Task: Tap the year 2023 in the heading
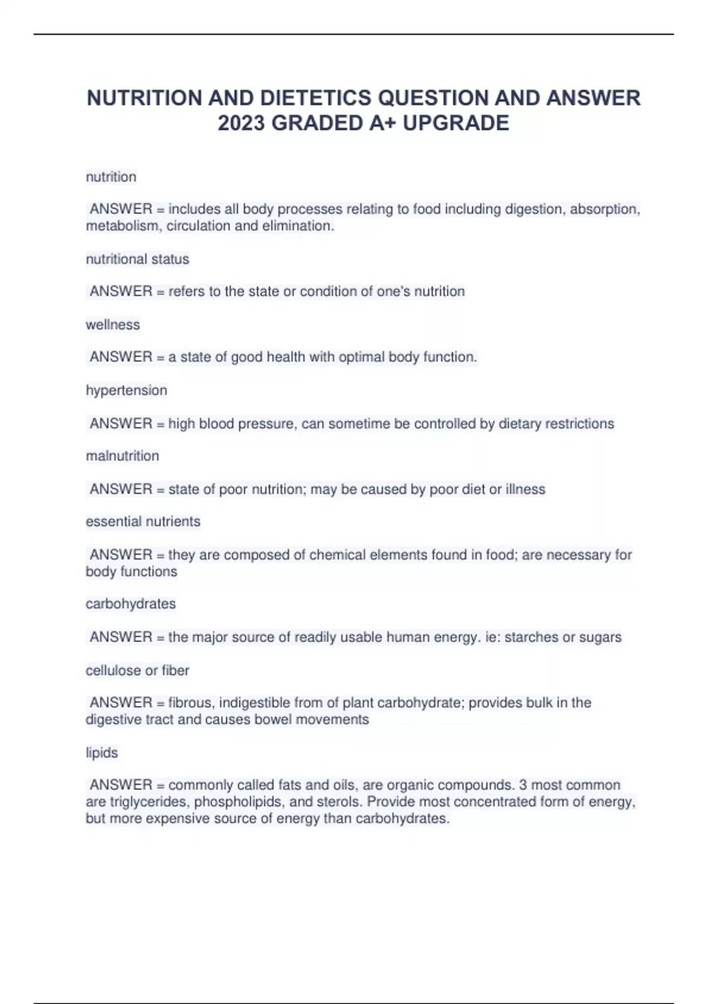pyautogui.click(x=240, y=123)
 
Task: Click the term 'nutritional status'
pyautogui.click(x=137, y=259)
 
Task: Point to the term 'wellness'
pyautogui.click(x=113, y=325)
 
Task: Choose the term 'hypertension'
pyautogui.click(x=126, y=390)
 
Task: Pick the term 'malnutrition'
pyautogui.click(x=122, y=456)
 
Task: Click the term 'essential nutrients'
pyautogui.click(x=143, y=521)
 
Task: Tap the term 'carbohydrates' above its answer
pyautogui.click(x=130, y=604)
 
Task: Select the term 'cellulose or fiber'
pyautogui.click(x=137, y=670)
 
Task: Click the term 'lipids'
pyautogui.click(x=101, y=753)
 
